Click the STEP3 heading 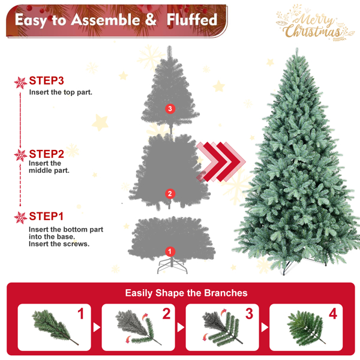pos(46,80)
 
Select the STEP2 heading pos(46,154)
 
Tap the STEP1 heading pos(46,216)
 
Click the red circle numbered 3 pos(170,109)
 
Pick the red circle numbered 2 pos(170,194)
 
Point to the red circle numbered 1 pos(170,251)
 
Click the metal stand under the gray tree pos(172,266)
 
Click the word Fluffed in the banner pos(192,20)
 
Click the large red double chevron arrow pos(221,161)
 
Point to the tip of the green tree pos(297,48)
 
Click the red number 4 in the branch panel pos(333,314)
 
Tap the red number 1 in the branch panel pos(80,314)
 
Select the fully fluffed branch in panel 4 pos(306,328)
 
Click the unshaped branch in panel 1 pos(54,328)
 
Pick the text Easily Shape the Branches pos(186,293)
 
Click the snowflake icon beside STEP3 pos(20,83)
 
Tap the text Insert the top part pos(61,92)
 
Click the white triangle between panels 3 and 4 pos(265,328)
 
